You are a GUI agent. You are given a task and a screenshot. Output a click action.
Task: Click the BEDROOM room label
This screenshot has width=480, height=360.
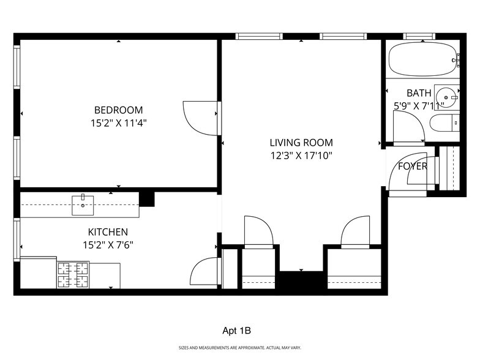(118, 110)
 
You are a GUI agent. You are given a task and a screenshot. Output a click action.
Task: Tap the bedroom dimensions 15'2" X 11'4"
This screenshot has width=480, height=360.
(118, 122)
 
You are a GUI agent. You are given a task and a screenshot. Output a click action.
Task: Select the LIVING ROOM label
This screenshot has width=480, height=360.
(301, 143)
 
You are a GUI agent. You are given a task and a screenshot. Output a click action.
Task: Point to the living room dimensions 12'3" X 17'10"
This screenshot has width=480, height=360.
(301, 156)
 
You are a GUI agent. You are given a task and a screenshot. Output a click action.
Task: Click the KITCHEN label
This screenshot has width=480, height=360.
(108, 232)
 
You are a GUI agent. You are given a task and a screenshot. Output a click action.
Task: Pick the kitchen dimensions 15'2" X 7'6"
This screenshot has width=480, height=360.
(108, 244)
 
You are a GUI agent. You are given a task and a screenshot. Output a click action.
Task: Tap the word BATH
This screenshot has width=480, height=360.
(419, 93)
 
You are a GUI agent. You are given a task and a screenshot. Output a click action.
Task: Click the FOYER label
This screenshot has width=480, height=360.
(412, 166)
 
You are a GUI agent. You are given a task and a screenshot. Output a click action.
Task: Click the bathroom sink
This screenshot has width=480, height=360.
(446, 95)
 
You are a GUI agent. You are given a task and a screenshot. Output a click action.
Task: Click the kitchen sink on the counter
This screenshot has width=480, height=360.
(82, 205)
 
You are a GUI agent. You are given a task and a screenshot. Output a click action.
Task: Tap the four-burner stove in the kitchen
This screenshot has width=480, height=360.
(73, 275)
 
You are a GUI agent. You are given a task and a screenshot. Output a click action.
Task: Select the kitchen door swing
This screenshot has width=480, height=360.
(205, 272)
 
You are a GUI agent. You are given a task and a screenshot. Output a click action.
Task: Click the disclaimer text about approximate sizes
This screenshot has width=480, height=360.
(239, 348)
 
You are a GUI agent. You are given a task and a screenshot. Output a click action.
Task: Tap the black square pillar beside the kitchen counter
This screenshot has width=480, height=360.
(147, 199)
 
